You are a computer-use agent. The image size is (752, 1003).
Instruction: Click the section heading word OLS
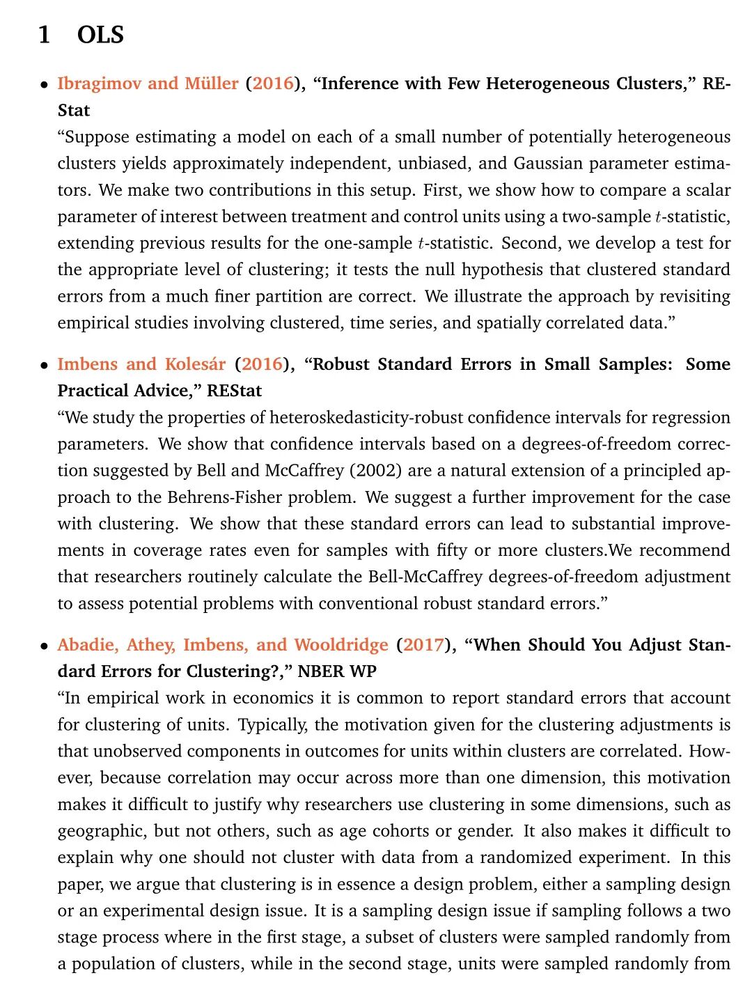coord(100,35)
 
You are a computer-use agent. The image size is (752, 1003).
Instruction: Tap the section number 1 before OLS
coord(45,35)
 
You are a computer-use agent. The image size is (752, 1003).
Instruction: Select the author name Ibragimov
coord(100,84)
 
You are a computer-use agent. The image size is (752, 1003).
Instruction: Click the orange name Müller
coord(212,84)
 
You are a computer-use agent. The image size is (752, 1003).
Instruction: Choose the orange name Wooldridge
coord(340,645)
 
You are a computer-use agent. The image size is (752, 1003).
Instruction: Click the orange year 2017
coord(423,645)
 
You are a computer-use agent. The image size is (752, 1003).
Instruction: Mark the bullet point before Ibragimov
coord(44,85)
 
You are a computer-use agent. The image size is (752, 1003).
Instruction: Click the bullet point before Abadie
coord(44,646)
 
